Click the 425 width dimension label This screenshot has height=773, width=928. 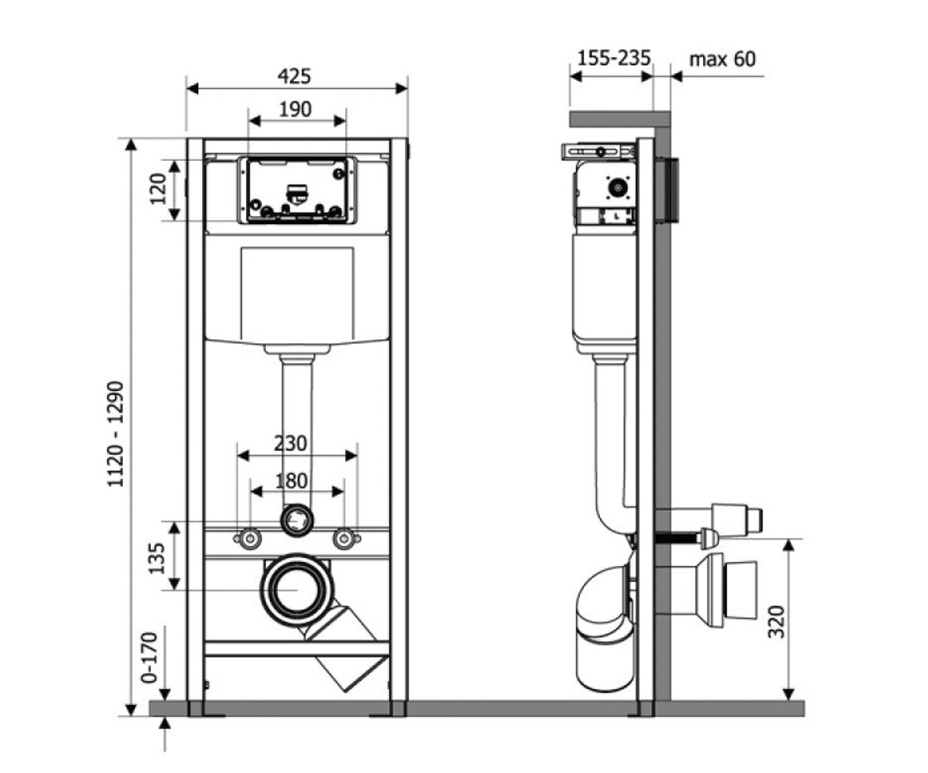[x=294, y=77]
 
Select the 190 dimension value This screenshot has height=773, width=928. [x=295, y=109]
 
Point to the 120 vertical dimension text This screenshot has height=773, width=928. [x=158, y=189]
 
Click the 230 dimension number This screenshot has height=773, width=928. [x=290, y=444]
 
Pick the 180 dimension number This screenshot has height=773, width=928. [x=291, y=481]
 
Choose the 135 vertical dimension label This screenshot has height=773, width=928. [x=156, y=558]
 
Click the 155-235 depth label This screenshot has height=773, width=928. [x=614, y=58]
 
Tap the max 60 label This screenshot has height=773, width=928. [x=722, y=60]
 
